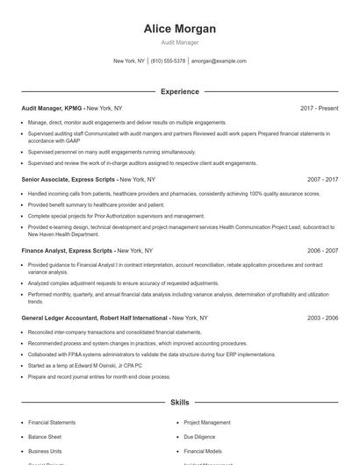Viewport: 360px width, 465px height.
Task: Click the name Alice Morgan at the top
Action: (x=180, y=28)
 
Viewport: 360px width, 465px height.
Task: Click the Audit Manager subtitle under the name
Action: (x=180, y=42)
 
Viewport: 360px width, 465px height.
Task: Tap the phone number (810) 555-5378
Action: (x=169, y=61)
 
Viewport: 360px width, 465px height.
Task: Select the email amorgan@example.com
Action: (x=219, y=61)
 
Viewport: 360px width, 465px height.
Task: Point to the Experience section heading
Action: (x=180, y=91)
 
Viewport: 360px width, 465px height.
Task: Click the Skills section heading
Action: (x=180, y=402)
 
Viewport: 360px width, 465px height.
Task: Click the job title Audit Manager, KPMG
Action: (x=52, y=108)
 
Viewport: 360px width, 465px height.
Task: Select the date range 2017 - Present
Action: (x=319, y=108)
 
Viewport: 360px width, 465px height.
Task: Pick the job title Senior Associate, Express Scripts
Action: (x=67, y=179)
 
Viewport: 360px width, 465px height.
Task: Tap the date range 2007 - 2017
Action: (x=323, y=179)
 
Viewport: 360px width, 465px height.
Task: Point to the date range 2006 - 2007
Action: (x=323, y=250)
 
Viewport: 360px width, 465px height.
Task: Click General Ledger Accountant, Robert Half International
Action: (x=95, y=318)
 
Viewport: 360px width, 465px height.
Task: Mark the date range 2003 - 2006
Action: (x=323, y=318)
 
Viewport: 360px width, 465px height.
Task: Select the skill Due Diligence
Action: (x=200, y=436)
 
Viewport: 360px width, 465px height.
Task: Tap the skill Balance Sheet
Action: (x=45, y=436)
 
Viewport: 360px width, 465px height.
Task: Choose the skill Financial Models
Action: (x=203, y=450)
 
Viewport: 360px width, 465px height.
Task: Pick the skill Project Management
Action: (x=207, y=422)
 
